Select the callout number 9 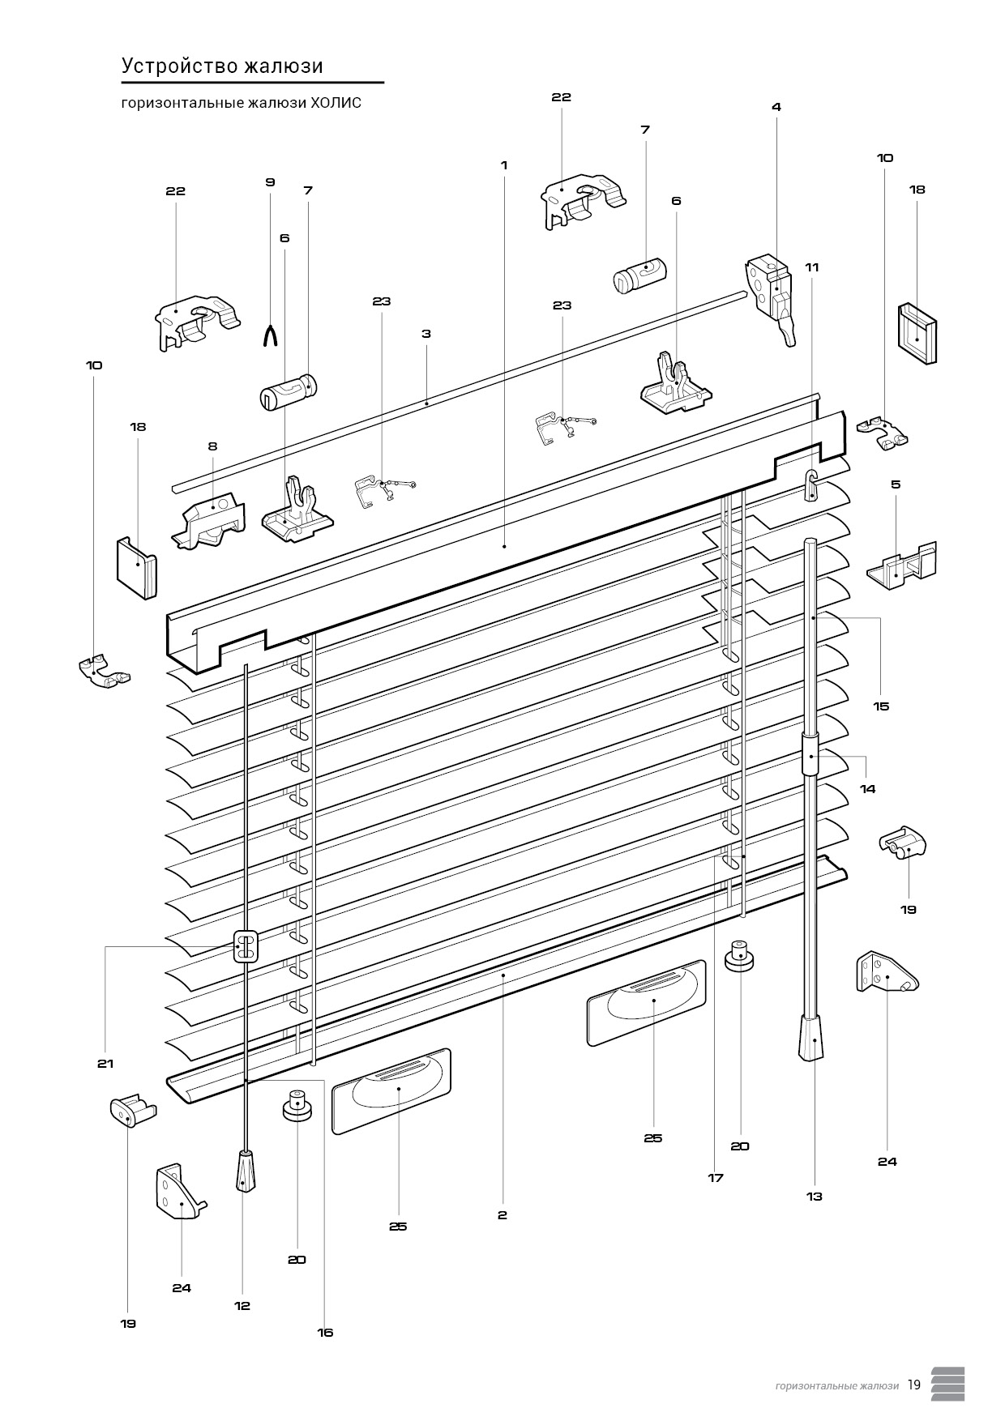pyautogui.click(x=270, y=182)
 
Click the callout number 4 pyautogui.click(x=776, y=107)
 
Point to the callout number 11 pyautogui.click(x=812, y=267)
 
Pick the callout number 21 pyautogui.click(x=105, y=1064)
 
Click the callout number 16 pyautogui.click(x=325, y=1333)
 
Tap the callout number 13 pyautogui.click(x=815, y=1196)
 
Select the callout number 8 pyautogui.click(x=212, y=446)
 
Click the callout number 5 pyautogui.click(x=896, y=484)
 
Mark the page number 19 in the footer pyautogui.click(x=914, y=1385)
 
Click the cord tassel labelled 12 pyautogui.click(x=243, y=1172)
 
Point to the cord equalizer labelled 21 pyautogui.click(x=246, y=946)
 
